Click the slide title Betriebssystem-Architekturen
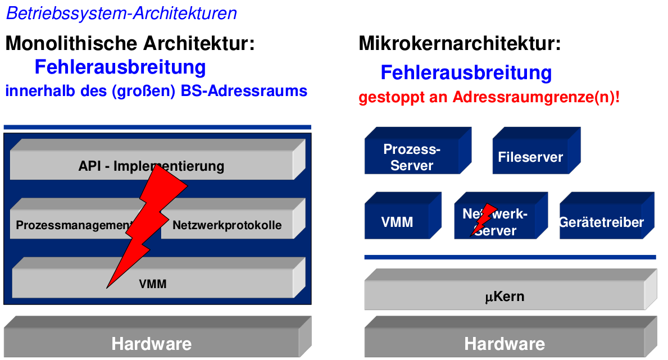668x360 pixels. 121,13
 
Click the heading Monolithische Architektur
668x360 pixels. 130,43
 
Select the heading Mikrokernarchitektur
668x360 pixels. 460,43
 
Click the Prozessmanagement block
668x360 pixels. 70,225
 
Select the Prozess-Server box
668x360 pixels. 412,157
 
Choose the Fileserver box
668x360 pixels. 530,157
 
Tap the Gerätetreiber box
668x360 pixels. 601,222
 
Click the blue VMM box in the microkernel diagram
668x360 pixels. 397,222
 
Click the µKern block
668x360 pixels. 504,295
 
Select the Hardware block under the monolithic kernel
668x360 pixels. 152,343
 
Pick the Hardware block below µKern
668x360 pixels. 504,343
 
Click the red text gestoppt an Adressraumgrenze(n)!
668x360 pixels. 489,97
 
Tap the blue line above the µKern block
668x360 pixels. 510,257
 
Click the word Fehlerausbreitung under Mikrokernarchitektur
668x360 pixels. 466,73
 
